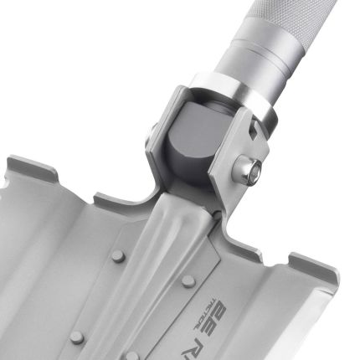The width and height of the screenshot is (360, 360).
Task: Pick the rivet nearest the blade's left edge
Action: click(76, 336)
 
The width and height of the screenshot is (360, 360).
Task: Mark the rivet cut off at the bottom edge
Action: click(132, 356)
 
